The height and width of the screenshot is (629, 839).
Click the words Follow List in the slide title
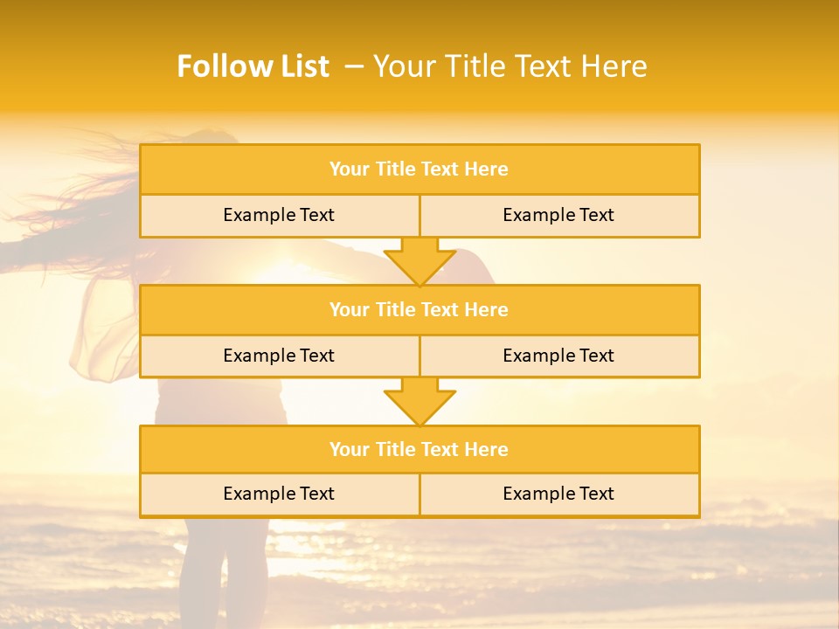[253, 66]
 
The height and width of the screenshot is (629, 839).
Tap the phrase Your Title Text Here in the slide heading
[510, 66]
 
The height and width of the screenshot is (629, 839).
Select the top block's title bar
[419, 169]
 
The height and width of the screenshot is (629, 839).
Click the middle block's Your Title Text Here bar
[419, 309]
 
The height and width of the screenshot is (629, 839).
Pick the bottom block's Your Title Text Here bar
[419, 449]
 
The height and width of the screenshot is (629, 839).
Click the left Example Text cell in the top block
[279, 215]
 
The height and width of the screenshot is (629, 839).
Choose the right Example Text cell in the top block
[558, 215]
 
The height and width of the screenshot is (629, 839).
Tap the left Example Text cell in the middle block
[279, 356]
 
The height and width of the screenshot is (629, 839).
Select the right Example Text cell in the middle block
[558, 356]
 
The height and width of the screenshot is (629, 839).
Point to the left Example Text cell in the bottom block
[279, 494]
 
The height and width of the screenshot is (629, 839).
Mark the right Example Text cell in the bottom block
[558, 494]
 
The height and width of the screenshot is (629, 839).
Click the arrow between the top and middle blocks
[419, 261]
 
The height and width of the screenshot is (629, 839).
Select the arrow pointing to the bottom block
[419, 402]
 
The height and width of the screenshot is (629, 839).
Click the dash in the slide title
[354, 66]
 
